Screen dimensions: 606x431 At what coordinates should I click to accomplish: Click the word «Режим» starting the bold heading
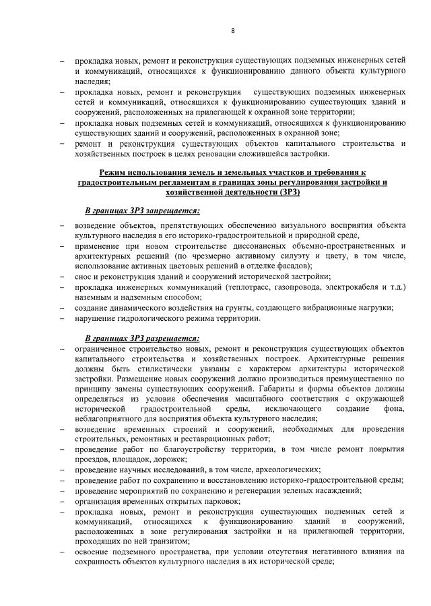(113, 172)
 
